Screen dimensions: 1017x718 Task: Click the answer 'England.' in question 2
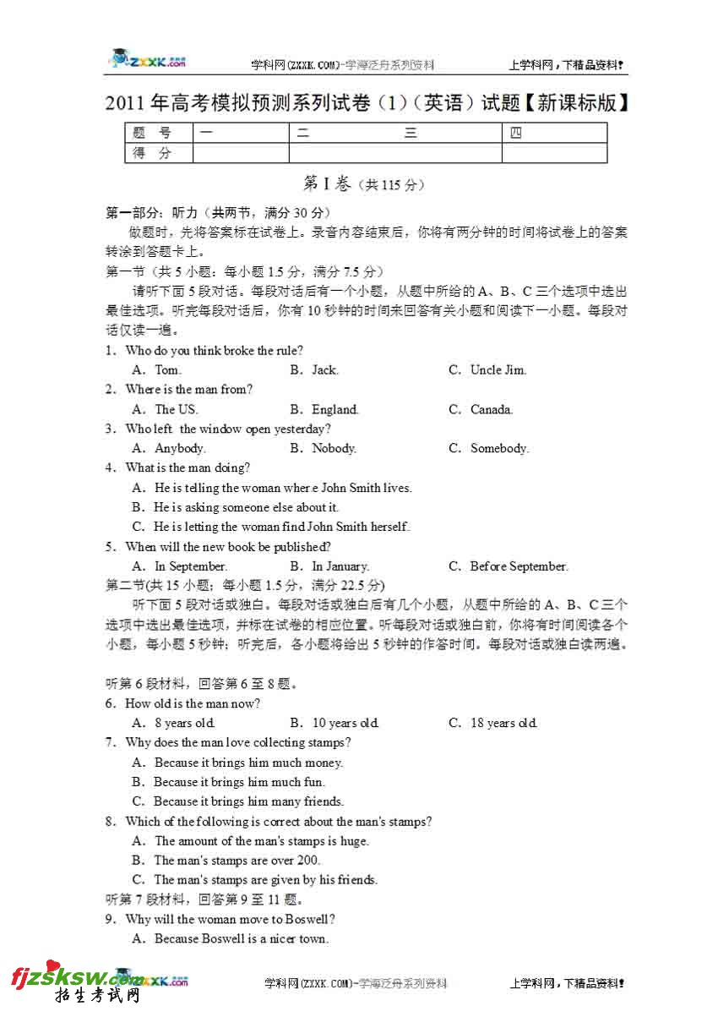(335, 409)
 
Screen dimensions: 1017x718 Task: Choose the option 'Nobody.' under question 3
(334, 448)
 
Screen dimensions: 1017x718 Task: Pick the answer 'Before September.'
(519, 566)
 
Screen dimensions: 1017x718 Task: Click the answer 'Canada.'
(491, 409)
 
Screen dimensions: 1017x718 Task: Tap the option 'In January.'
(340, 566)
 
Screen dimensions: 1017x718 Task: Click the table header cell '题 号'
(153, 133)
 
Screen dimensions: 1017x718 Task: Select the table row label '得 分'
(153, 153)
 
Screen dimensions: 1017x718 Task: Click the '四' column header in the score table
(516, 133)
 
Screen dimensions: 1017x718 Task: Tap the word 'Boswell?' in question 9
(309, 919)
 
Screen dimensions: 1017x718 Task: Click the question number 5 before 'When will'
(110, 547)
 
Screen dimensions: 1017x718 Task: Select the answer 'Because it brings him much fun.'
(239, 782)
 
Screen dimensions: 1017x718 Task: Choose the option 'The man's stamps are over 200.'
(237, 861)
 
